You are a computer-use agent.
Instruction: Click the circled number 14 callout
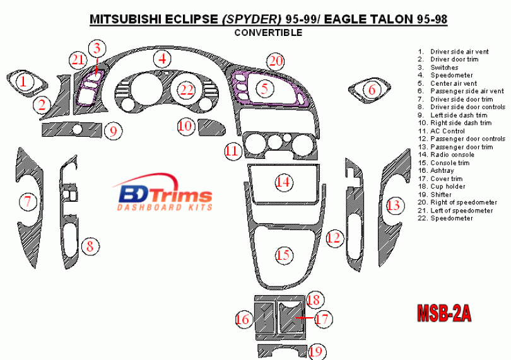284,183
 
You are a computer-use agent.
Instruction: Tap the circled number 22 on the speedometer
186,90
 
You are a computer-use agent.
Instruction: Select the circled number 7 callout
27,202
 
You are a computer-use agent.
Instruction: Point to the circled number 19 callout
317,352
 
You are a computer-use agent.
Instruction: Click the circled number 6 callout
372,90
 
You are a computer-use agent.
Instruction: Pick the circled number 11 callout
232,151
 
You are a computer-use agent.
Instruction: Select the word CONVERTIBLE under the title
268,33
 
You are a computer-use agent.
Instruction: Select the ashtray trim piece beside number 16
261,319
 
